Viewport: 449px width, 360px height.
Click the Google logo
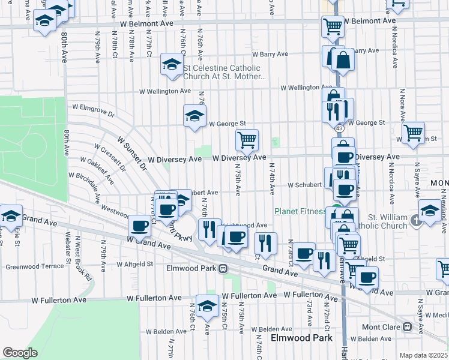(x=20, y=353)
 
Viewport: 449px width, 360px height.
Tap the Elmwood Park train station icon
(x=223, y=268)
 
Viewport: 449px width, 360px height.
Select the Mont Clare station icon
(x=407, y=327)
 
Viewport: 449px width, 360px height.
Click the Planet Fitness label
(x=299, y=211)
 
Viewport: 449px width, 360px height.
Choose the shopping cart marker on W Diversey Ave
(x=247, y=140)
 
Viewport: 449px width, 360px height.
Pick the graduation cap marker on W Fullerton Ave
(x=207, y=306)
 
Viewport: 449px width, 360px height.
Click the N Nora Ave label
(x=403, y=105)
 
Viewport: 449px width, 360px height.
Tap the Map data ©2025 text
(x=423, y=355)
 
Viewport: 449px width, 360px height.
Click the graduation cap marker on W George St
(x=194, y=116)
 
